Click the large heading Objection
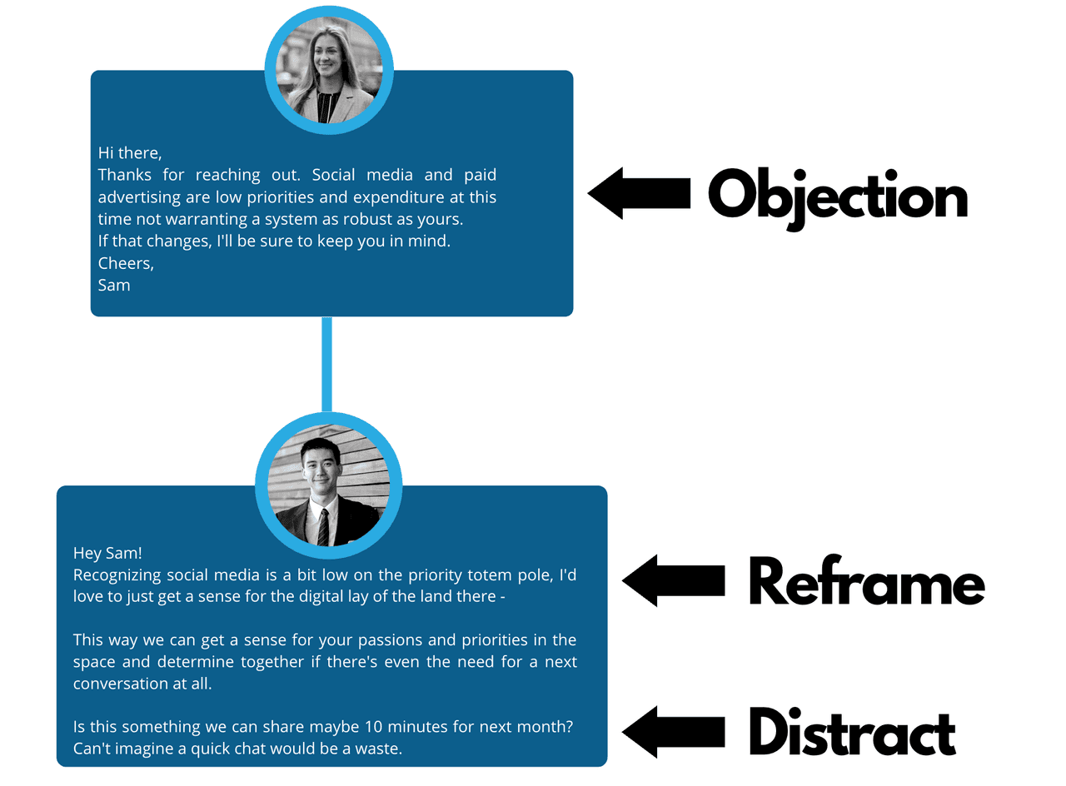point(837,196)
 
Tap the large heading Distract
point(851,734)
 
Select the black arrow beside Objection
point(639,193)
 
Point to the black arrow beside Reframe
point(673,580)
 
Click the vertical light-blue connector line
point(326,364)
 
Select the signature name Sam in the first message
point(114,285)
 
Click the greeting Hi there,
point(130,153)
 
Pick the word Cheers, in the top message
point(126,263)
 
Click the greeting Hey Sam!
point(107,553)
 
